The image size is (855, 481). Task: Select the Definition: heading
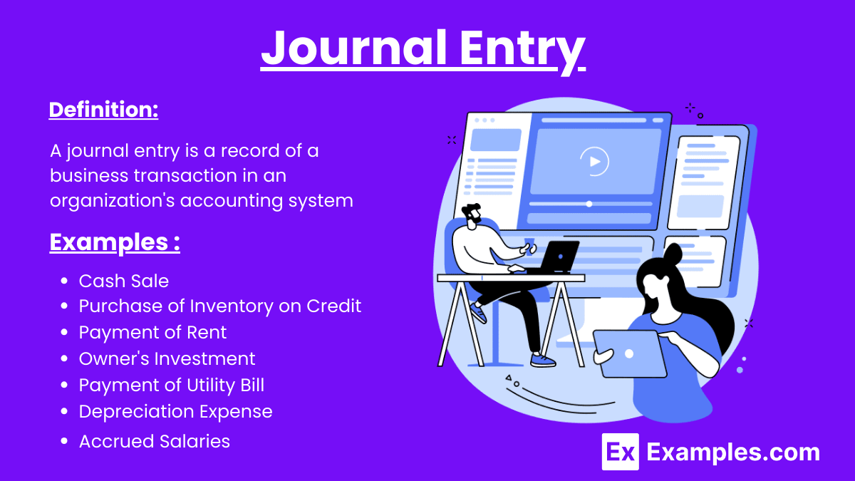(x=103, y=110)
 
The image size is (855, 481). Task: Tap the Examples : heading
(x=114, y=242)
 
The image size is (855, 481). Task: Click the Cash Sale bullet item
(x=123, y=281)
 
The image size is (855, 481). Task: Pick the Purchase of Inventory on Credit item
(x=219, y=306)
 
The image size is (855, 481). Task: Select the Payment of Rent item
(x=152, y=332)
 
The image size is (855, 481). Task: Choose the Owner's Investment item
(x=167, y=358)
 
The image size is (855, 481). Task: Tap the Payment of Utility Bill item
(x=171, y=386)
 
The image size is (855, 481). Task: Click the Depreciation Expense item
(x=175, y=411)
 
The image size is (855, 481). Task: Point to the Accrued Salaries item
(x=154, y=441)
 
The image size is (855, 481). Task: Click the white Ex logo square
(x=620, y=452)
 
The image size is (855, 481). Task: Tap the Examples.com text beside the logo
(x=733, y=452)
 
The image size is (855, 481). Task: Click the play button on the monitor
(x=594, y=162)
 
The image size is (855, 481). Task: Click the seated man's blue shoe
(x=543, y=361)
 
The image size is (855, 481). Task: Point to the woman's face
(x=654, y=281)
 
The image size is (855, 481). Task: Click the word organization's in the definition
(x=112, y=200)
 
